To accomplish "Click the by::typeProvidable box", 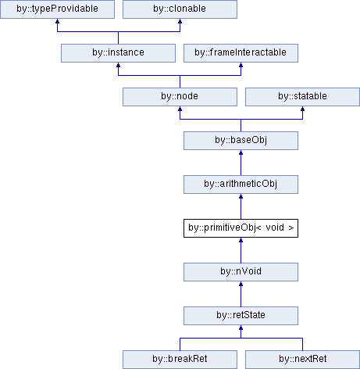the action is click(57, 9).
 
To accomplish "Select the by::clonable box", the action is click(180, 9).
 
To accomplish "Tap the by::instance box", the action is click(118, 53).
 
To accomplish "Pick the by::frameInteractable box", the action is click(241, 53).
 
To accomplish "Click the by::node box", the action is click(180, 97).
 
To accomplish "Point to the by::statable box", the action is click(302, 97).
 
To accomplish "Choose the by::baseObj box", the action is click(241, 141).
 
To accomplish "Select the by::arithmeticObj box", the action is click(241, 184).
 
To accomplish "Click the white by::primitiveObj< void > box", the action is click(241, 228).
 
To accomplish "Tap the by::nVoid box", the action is click(241, 272).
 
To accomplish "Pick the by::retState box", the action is click(241, 316).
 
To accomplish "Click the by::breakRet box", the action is click(180, 360).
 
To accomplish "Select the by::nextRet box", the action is click(302, 360).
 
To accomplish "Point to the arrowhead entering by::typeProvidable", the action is click(57, 21).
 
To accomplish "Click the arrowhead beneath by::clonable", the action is click(180, 21).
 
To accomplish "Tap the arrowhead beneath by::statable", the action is click(302, 109).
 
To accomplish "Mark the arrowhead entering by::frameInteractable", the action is click(241, 65).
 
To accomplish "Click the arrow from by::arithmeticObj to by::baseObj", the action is click(241, 163).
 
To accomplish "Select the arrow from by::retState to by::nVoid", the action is click(241, 294).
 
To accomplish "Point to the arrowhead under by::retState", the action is click(241, 328).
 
